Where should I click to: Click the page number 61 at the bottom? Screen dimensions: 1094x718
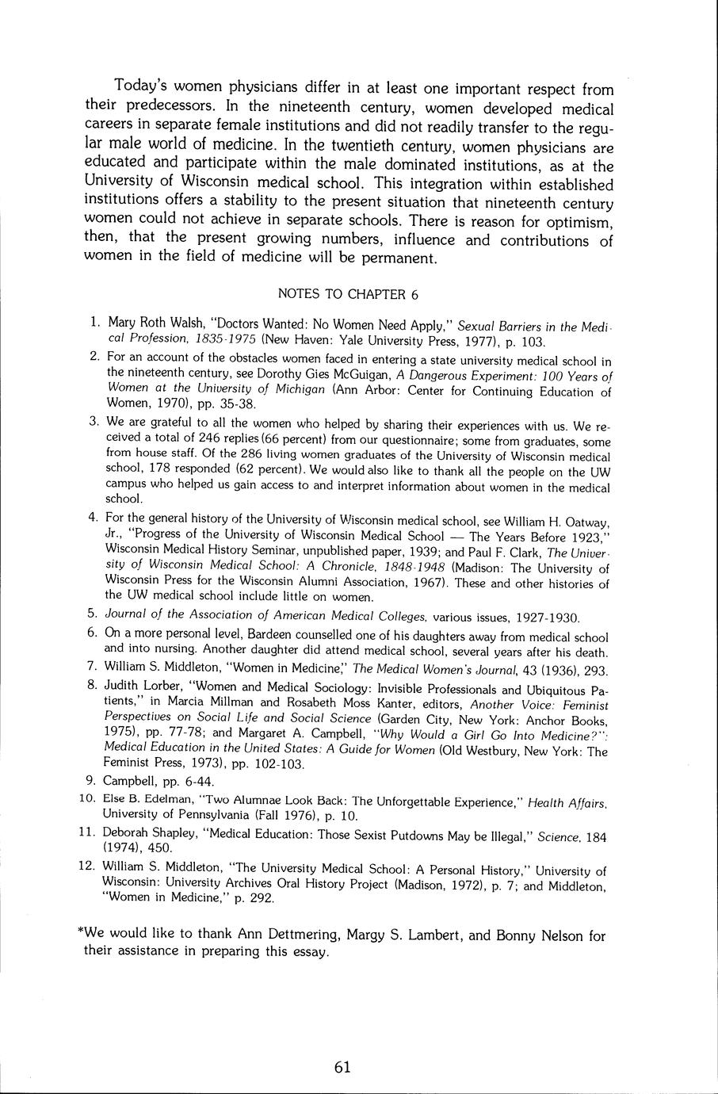pos(342,1067)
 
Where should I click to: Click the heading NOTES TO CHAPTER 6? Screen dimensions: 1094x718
pos(348,294)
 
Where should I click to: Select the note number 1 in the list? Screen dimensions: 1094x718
pos(94,323)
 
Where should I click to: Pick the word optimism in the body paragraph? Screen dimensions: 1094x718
pos(571,221)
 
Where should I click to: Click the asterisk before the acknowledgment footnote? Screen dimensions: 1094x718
pos(81,935)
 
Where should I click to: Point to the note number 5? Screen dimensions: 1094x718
pos(93,614)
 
